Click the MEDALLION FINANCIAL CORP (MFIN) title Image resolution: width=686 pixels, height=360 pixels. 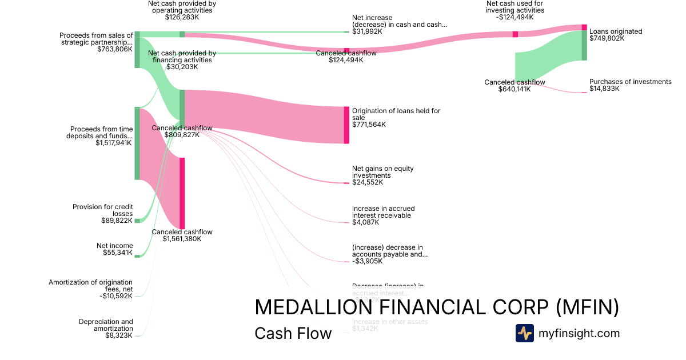[437, 307]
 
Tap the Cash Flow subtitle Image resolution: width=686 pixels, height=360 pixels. [293, 334]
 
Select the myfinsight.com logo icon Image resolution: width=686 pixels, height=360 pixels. [524, 333]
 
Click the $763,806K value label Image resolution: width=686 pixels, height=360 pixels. [115, 49]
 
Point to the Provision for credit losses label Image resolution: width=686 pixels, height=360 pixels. [102, 210]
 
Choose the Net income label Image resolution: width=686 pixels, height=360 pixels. [114, 246]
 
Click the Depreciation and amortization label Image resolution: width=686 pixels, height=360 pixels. [106, 325]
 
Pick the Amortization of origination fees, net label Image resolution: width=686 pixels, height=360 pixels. [90, 286]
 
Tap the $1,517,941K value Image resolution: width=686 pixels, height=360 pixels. [114, 143]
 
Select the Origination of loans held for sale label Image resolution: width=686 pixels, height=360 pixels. [396, 114]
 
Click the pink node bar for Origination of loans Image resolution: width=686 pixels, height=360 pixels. [346, 125]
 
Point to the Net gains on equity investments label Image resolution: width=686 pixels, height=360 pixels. [382, 172]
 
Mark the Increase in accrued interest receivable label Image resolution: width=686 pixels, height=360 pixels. [383, 212]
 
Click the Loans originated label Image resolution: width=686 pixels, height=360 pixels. [616, 31]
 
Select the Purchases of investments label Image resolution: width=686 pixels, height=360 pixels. [630, 82]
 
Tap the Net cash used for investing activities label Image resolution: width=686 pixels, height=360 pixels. [515, 7]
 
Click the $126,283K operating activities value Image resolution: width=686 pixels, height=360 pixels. [182, 17]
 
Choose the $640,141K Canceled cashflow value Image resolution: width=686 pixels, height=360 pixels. [514, 89]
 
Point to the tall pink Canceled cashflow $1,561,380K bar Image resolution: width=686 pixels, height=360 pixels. [182, 193]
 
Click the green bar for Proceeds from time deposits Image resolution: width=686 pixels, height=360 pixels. [137, 143]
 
